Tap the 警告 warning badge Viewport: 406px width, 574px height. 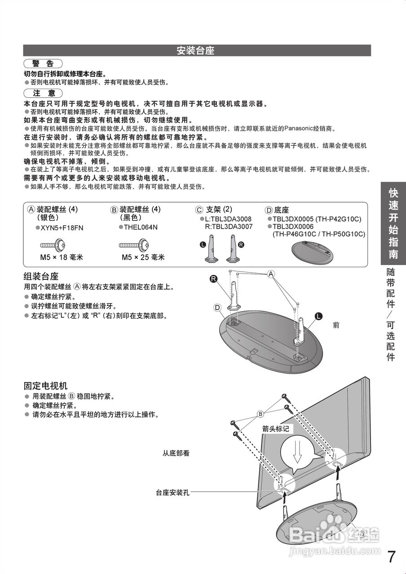click(x=43, y=64)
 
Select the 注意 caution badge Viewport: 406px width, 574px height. click(x=43, y=93)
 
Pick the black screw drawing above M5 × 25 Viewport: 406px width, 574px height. click(x=134, y=245)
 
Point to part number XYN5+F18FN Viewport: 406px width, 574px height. click(x=62, y=228)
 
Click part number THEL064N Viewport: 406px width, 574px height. click(x=141, y=227)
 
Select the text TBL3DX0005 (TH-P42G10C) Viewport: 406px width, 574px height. click(x=317, y=219)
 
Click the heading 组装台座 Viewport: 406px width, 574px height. click(x=41, y=276)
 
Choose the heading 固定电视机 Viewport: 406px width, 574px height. click(x=45, y=386)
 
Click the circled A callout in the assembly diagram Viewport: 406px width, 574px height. click(x=271, y=274)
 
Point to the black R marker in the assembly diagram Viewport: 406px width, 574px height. click(x=214, y=279)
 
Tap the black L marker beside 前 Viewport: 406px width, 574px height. click(x=318, y=317)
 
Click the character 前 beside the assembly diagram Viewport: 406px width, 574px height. click(x=336, y=325)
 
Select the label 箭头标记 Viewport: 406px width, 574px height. click(x=276, y=429)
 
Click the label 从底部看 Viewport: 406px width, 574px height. click(x=176, y=453)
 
